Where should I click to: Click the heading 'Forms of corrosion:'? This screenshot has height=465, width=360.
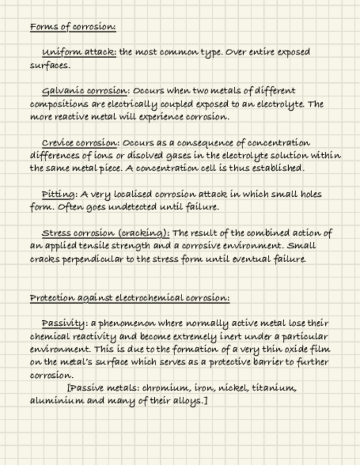pos(73,27)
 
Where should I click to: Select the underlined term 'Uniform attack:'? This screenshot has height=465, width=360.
pos(79,52)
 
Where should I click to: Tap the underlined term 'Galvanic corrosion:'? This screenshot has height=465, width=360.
pos(86,90)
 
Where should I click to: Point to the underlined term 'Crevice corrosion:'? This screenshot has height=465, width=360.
pos(80,143)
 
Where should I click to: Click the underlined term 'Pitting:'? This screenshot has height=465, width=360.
pos(59,194)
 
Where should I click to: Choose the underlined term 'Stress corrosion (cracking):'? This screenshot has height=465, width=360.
pos(105,233)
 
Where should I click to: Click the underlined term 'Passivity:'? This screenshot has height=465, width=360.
pos(64,323)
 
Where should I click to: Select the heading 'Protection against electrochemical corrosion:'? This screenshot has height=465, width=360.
pos(130,298)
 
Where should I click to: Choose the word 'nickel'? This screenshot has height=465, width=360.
pos(233,388)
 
